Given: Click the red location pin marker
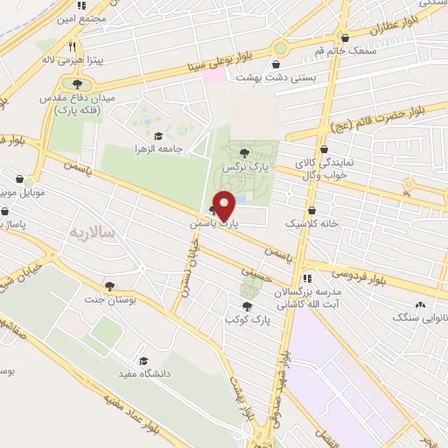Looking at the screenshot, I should (x=224, y=206).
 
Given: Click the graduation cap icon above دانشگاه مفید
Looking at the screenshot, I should (x=142, y=360).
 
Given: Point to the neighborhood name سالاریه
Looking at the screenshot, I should (x=87, y=233).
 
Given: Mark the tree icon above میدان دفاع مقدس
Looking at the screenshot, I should (x=80, y=85).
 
